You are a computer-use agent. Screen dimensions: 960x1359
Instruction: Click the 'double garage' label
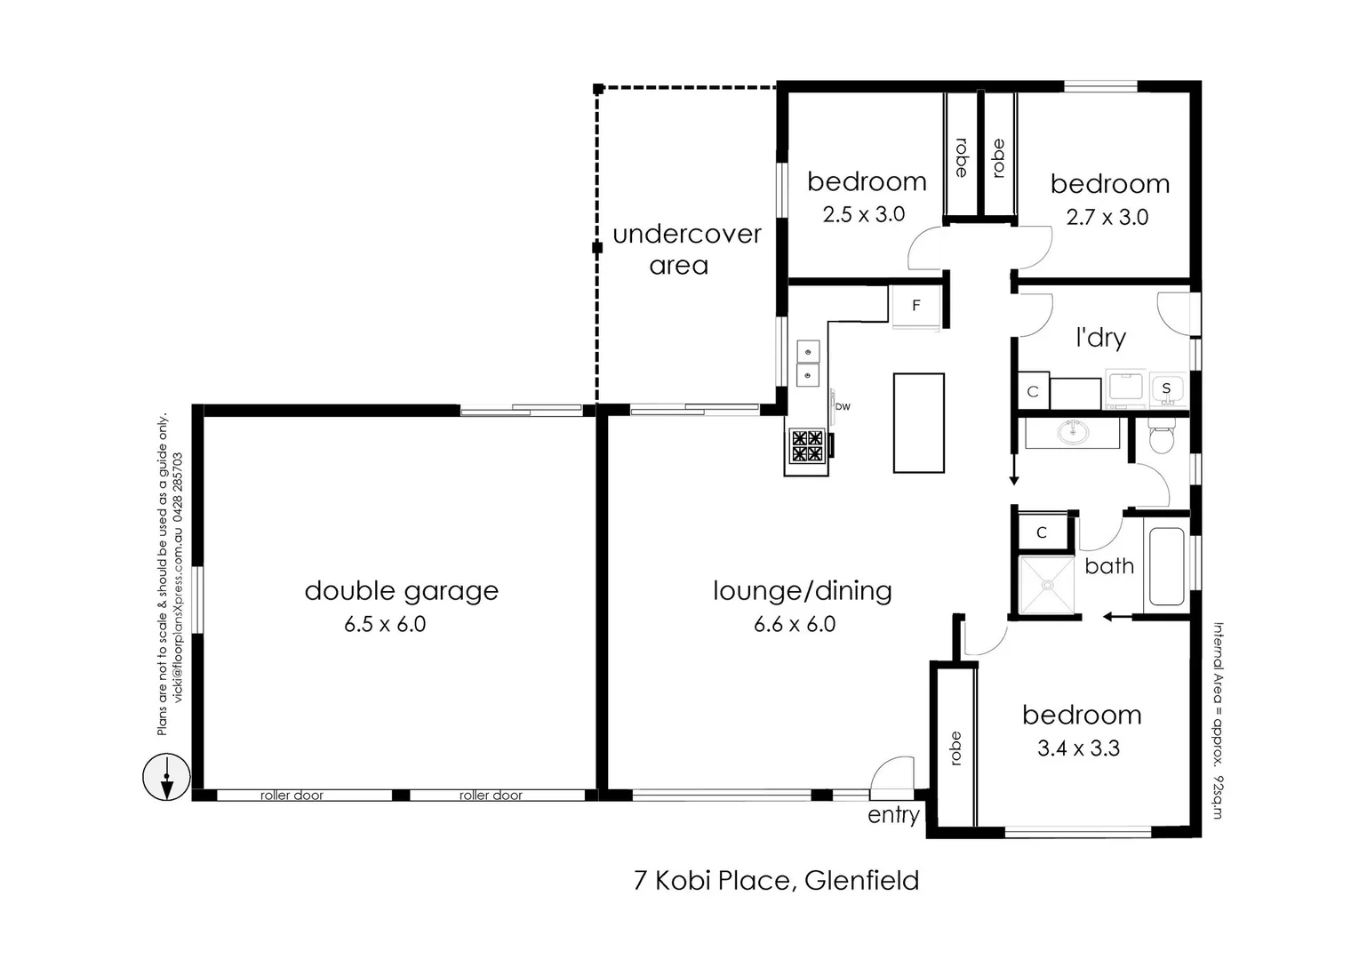(401, 591)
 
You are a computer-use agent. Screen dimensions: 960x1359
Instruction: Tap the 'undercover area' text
(686, 250)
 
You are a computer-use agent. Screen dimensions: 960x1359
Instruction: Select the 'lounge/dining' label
(802, 591)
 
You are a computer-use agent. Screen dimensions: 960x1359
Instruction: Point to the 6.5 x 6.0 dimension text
(385, 625)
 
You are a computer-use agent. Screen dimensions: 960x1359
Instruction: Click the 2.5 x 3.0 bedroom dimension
(863, 214)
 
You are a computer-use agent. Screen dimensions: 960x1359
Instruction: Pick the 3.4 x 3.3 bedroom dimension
(1078, 748)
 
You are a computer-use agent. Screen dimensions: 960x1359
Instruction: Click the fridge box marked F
(915, 306)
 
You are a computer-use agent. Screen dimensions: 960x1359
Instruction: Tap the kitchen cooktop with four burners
(807, 446)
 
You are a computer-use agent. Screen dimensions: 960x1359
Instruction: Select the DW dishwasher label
(843, 407)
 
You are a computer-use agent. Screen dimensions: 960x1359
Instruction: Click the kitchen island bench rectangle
(918, 423)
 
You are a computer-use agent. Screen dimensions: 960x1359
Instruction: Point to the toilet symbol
(1162, 438)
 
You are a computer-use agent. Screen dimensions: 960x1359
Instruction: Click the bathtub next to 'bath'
(1166, 567)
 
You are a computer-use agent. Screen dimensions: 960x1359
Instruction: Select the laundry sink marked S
(1166, 388)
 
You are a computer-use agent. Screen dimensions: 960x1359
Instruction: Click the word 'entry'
(893, 815)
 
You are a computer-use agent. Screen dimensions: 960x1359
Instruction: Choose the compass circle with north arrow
(166, 776)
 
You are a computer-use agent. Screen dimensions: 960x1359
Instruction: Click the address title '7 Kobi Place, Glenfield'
(776, 881)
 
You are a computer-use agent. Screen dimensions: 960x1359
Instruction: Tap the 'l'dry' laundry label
(1100, 338)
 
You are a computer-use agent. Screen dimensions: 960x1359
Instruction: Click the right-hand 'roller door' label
(491, 796)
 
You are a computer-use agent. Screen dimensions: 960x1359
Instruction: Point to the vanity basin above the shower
(1073, 433)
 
